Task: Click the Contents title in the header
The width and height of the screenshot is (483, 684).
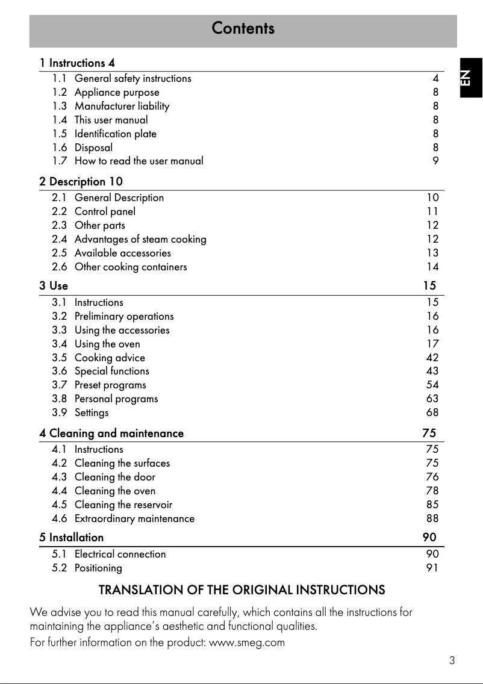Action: point(243,28)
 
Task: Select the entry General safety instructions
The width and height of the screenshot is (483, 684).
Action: point(132,78)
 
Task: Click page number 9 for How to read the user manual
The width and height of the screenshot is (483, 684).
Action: point(435,161)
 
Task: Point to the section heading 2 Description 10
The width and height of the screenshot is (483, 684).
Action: point(81,181)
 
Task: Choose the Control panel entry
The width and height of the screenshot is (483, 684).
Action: point(105,211)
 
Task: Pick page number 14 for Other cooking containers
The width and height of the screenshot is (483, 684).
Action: point(432,267)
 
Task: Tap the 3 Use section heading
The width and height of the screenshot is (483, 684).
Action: point(54,285)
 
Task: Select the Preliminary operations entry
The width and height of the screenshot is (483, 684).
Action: point(124,316)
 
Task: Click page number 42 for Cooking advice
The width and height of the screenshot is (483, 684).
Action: point(432,358)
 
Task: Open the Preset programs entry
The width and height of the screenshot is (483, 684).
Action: point(110,385)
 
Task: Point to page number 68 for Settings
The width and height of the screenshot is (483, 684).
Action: point(432,412)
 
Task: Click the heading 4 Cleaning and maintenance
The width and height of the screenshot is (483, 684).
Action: point(111,433)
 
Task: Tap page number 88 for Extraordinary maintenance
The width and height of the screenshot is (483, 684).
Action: point(432,518)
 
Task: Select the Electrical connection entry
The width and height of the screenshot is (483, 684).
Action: point(120,554)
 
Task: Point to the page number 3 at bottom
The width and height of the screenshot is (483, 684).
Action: point(452,661)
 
